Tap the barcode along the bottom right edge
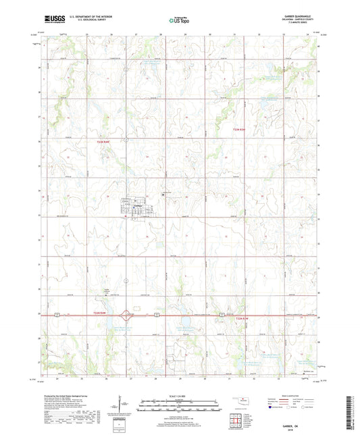click(x=355, y=413)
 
